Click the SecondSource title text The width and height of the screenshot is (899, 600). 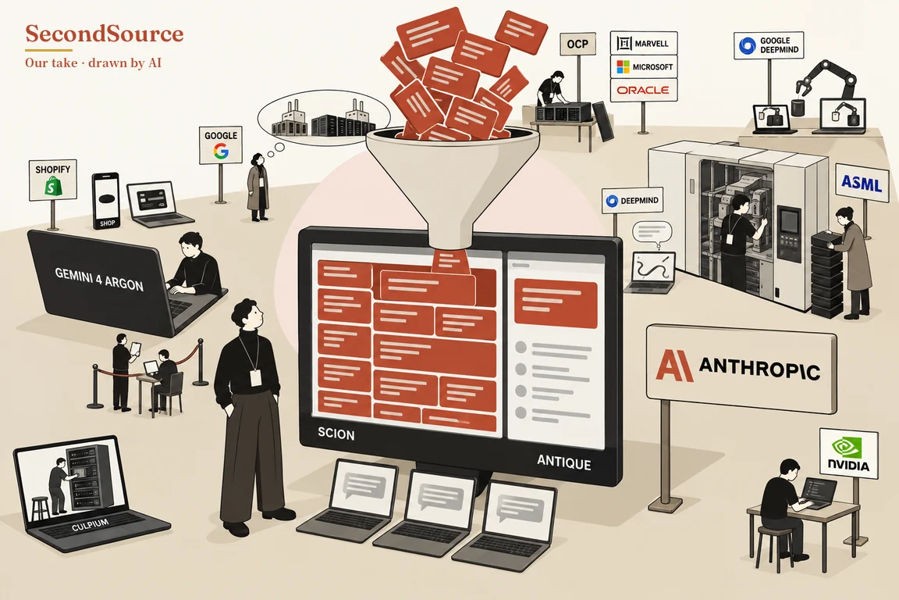[105, 34]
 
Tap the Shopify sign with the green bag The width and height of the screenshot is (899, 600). [53, 180]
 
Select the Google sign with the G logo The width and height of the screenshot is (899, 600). [221, 145]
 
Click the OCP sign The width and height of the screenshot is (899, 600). [577, 45]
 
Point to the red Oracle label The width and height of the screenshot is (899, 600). [643, 90]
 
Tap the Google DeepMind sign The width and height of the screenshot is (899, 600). [767, 45]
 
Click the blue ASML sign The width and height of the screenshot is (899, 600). [862, 183]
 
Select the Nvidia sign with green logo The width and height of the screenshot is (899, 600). [848, 452]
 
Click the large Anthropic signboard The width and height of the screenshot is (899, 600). [741, 368]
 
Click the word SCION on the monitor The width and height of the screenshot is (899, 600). [336, 434]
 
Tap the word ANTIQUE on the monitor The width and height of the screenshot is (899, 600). [563, 462]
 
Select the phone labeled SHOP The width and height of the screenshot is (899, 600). [106, 201]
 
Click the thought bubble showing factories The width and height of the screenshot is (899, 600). [323, 120]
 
